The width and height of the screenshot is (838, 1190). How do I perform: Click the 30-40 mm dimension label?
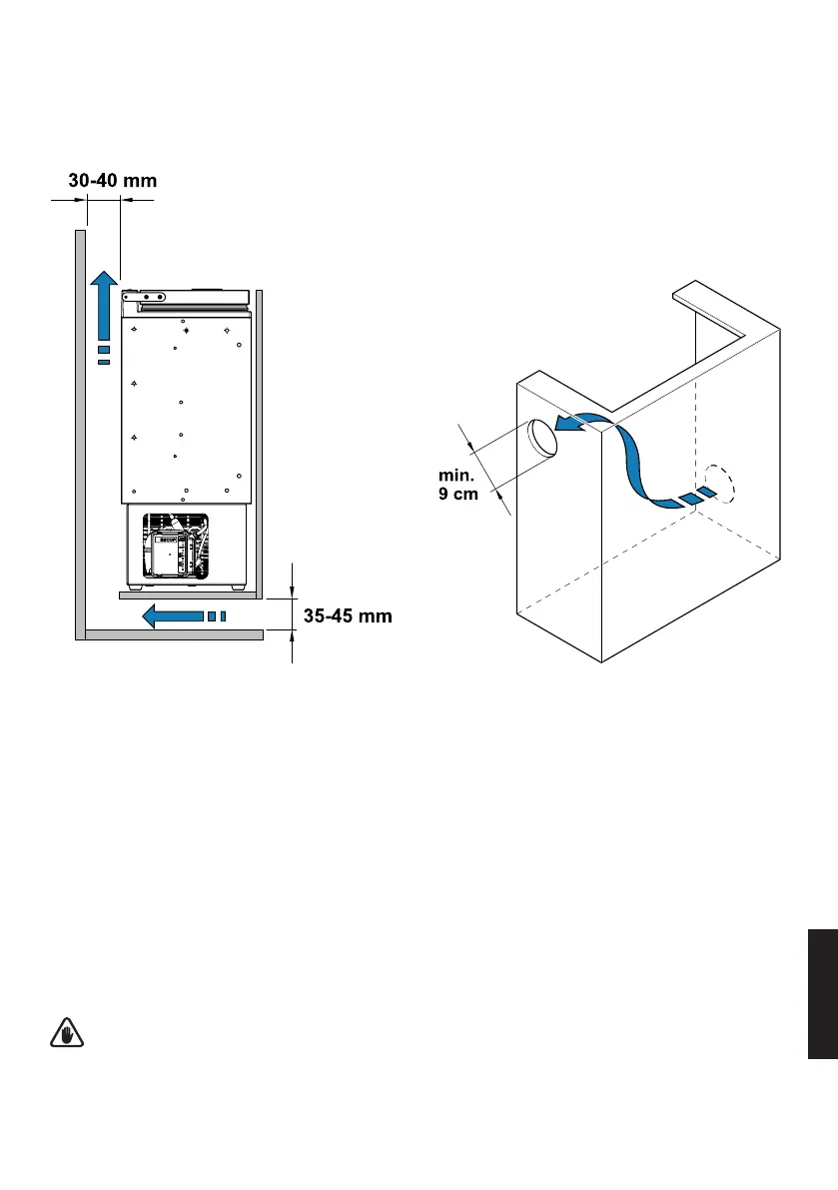pos(113,182)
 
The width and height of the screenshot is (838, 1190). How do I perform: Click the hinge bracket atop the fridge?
pos(144,297)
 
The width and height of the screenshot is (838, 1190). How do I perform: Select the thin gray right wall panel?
pos(259,440)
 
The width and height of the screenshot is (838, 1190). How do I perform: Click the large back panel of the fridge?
pos(184,410)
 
